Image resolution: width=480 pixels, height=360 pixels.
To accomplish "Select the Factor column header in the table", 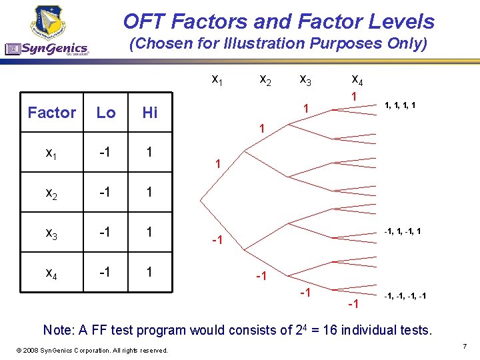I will click(x=52, y=113).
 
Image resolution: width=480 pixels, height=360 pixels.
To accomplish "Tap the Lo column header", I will click(x=106, y=113).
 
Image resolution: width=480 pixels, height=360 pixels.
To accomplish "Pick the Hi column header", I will click(x=150, y=113).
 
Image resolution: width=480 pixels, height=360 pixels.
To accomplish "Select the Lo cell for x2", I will click(x=106, y=192).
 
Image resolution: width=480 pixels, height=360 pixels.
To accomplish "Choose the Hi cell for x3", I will click(x=150, y=232).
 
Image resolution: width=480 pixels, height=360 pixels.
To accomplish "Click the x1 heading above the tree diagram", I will click(x=217, y=79).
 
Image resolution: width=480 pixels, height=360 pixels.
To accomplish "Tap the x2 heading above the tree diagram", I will click(x=265, y=79).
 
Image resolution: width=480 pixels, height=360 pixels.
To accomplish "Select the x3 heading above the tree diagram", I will click(x=305, y=79).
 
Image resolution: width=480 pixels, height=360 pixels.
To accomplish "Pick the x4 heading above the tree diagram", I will click(x=357, y=79).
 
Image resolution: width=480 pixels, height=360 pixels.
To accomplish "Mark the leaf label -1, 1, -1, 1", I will click(x=401, y=231).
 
